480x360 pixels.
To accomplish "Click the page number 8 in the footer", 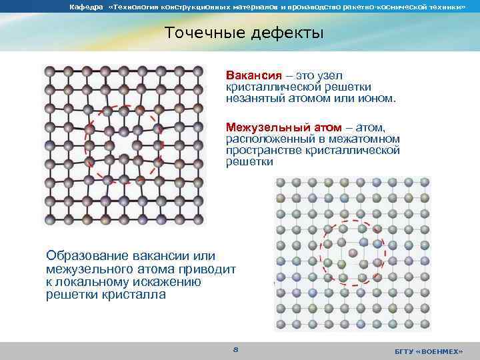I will (235, 350).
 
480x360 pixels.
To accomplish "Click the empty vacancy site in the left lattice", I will (123, 143).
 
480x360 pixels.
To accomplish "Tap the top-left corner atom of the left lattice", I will (48, 69).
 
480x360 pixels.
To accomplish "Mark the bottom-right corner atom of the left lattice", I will (199, 219).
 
